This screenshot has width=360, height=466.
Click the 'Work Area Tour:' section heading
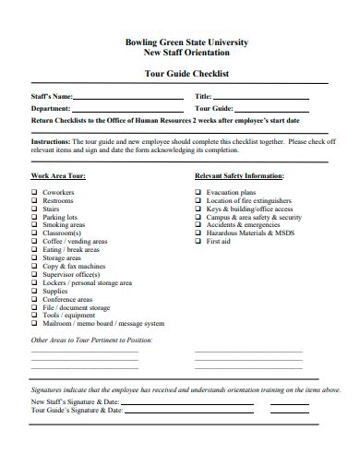58,175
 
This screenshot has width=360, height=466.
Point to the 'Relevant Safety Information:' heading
239,175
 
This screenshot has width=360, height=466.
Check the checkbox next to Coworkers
34,193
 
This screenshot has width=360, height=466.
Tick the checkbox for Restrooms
34,201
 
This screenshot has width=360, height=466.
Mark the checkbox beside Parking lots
34,218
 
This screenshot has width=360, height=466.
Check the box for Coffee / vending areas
34,242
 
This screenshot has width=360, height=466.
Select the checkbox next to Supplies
34,291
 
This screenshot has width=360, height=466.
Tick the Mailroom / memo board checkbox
34,324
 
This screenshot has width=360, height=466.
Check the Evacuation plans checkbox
198,193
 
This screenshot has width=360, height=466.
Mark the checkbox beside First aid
198,242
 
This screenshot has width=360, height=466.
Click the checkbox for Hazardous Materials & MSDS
198,233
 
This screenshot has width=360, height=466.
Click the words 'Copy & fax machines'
73,267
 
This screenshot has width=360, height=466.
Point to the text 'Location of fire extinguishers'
249,201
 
